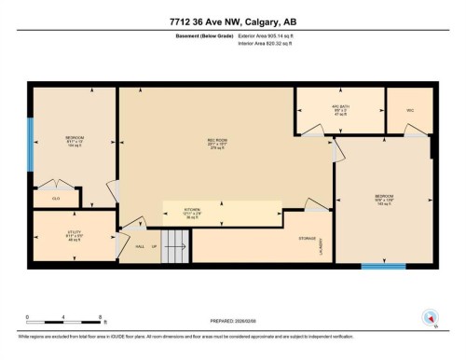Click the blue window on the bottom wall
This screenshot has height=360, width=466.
point(383,266)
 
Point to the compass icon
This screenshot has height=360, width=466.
point(429,316)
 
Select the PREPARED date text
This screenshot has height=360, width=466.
point(232,323)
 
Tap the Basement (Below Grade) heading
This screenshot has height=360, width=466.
point(202,36)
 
